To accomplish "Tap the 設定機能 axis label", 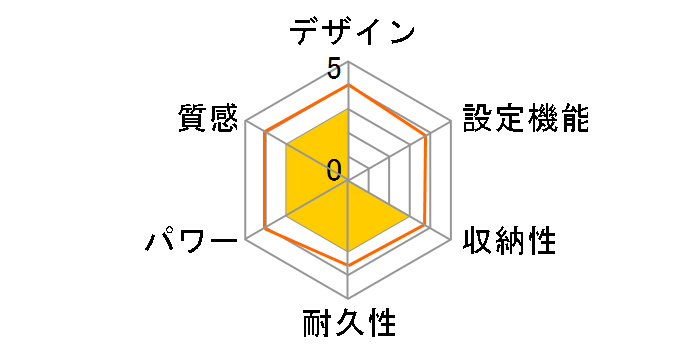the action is point(524,118).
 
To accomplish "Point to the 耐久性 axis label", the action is point(349,326).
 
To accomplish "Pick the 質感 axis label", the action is point(207,118).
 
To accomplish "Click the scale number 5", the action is point(333,70).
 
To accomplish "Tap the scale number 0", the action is point(333,168).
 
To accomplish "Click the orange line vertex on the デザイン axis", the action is point(348,85).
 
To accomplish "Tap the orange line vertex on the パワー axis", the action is point(264,230).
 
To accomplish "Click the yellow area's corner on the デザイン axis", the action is point(348,109).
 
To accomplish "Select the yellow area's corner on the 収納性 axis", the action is point(410,217).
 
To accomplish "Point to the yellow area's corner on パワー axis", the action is point(286,217).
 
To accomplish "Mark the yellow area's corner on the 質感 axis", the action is point(286,146).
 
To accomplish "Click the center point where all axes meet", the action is point(348,181).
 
